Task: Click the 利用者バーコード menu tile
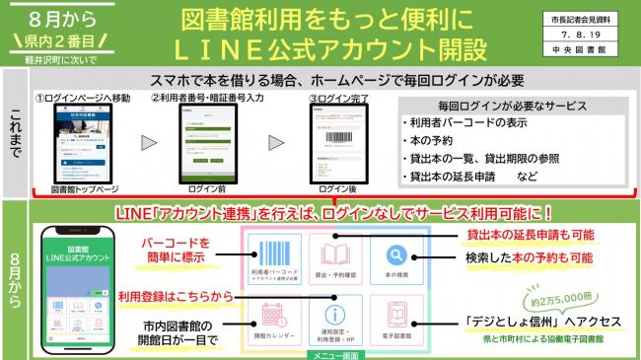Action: [275, 260]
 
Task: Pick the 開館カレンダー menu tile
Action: [275, 318]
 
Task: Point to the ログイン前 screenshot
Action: [206, 138]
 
